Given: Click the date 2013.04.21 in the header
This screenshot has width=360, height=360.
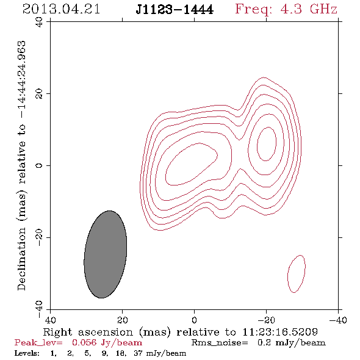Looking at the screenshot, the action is [x=61, y=9].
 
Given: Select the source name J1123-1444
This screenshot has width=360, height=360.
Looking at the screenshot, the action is [x=175, y=10].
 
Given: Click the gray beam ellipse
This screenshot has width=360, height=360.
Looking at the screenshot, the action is [x=105, y=254].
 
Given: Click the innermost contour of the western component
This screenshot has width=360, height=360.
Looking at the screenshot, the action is [x=257, y=144].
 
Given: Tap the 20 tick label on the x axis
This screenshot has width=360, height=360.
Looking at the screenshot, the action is [x=122, y=320].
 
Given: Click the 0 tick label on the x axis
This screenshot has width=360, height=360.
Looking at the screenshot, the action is [x=194, y=320].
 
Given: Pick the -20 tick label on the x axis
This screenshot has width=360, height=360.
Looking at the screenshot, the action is [x=266, y=320].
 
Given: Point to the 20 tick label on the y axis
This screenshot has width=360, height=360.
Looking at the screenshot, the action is [x=39, y=94].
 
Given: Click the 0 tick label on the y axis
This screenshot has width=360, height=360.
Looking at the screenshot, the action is [x=39, y=165].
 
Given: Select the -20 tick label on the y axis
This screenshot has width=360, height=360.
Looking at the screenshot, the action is [x=39, y=237].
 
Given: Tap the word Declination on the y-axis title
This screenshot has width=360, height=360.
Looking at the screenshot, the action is [x=21, y=259].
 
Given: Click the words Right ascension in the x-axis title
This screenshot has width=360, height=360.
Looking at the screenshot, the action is [x=88, y=332].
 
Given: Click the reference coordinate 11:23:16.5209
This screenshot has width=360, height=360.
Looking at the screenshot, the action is [x=280, y=332].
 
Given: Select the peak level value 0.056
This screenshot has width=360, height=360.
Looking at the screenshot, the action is [x=84, y=343].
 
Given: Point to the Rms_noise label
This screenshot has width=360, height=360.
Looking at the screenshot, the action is [x=220, y=343].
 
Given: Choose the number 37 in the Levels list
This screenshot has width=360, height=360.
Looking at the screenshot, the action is [x=138, y=353].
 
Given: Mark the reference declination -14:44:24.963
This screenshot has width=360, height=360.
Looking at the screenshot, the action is [x=21, y=79].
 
